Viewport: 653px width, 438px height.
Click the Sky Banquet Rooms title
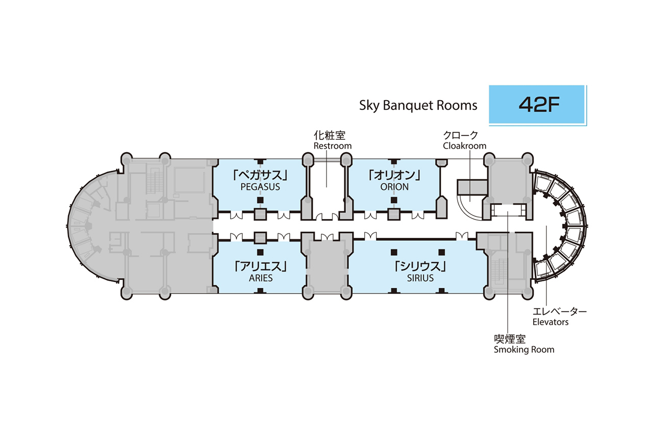click(x=418, y=106)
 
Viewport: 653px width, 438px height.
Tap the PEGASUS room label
click(x=260, y=187)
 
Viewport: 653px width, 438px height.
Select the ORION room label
click(x=394, y=187)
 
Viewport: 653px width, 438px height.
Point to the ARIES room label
click(x=260, y=278)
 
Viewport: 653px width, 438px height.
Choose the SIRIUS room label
click(x=420, y=278)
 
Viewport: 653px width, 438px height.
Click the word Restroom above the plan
click(x=332, y=146)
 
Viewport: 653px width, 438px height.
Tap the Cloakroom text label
click(x=464, y=146)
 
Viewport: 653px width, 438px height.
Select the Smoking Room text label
click(x=523, y=350)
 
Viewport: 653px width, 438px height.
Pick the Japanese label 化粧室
click(x=330, y=135)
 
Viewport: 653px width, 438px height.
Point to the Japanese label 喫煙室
click(x=510, y=339)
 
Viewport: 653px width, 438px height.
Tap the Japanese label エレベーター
click(x=560, y=311)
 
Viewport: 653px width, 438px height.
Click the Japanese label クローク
click(x=461, y=135)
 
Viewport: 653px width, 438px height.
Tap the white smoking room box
click(x=508, y=210)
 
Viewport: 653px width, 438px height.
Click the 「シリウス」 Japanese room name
click(x=420, y=266)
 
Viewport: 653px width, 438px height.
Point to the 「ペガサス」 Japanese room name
click(x=260, y=175)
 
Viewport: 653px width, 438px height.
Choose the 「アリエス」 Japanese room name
click(x=260, y=266)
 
